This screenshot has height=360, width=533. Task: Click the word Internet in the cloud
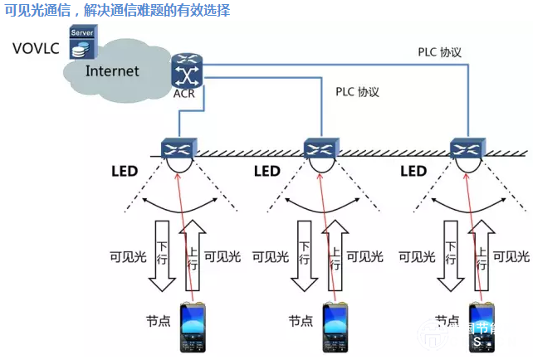[x=112, y=71]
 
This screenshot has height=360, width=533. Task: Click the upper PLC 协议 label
[x=439, y=52]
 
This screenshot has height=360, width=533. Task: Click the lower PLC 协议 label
[x=357, y=93]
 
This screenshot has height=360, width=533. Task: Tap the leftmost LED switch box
[x=178, y=148]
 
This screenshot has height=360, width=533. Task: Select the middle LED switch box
[x=321, y=148]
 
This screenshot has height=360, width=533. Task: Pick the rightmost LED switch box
[x=465, y=148]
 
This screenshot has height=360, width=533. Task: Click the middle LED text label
[x=267, y=172]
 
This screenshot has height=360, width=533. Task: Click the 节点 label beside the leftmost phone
[x=159, y=320]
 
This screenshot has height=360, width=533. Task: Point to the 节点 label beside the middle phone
[x=301, y=320]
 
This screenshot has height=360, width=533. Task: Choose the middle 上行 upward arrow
[x=335, y=254]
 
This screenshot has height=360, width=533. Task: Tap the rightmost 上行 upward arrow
[x=477, y=254]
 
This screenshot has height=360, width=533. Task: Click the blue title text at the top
[x=117, y=11]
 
